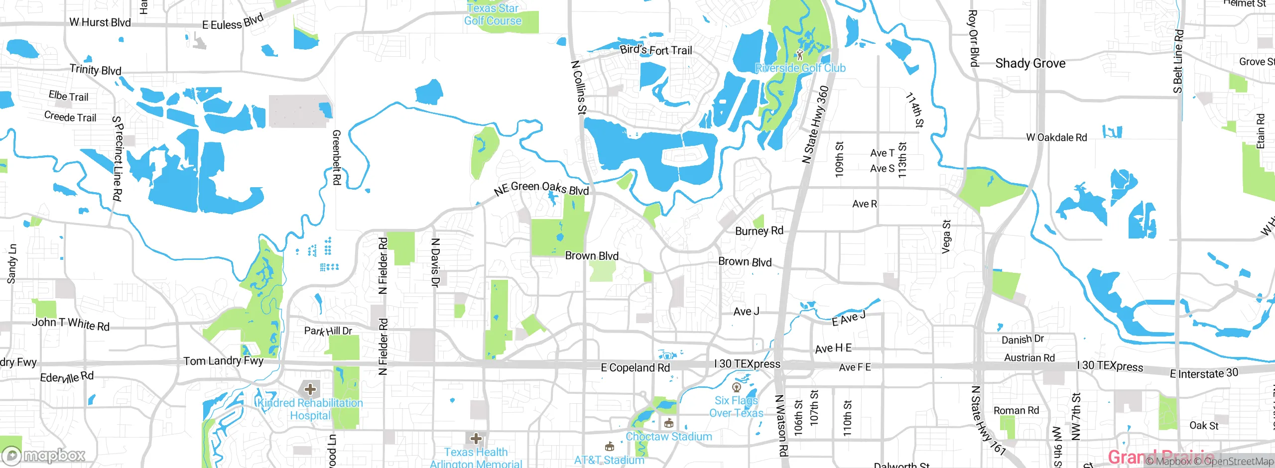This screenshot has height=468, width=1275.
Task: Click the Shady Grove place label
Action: tap(1030, 63)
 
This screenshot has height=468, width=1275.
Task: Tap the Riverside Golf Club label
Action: tap(800, 68)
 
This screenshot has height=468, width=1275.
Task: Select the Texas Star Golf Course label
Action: tap(493, 14)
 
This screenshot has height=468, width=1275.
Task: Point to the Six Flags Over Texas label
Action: tap(736, 407)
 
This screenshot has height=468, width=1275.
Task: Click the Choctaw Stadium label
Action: tap(668, 437)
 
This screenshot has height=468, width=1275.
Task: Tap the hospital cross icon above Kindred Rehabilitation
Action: tap(310, 389)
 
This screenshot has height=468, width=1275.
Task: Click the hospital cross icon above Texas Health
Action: tap(476, 439)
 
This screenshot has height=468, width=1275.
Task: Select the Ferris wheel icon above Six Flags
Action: tap(737, 387)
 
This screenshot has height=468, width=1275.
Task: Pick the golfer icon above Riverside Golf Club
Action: tap(800, 54)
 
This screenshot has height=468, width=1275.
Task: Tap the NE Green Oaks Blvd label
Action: tap(541, 188)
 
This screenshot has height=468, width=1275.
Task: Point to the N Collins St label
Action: tap(579, 88)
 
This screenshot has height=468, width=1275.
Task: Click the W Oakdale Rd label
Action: tap(1056, 137)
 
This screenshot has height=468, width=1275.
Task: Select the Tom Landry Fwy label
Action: tap(223, 361)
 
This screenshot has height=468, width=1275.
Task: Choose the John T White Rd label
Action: tap(71, 324)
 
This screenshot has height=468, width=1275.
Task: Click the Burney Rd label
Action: tap(759, 231)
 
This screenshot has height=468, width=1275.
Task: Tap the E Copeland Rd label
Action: tap(635, 368)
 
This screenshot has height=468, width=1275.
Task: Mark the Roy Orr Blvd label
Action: tap(973, 38)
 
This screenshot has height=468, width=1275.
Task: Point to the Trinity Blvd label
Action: tap(95, 70)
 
